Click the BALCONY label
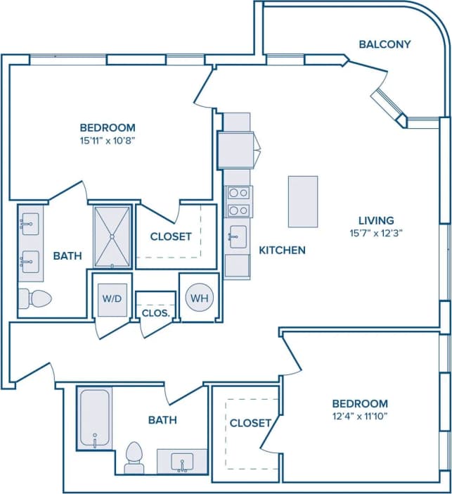click(x=385, y=44)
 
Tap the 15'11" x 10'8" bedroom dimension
click(x=107, y=141)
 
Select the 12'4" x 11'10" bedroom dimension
click(x=359, y=417)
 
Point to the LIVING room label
click(x=375, y=220)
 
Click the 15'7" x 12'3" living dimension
click(x=375, y=233)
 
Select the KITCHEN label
click(x=282, y=250)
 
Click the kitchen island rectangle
click(x=302, y=201)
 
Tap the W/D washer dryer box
click(x=112, y=298)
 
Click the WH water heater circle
click(x=200, y=298)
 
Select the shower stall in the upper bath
click(x=112, y=236)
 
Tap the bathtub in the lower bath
click(x=93, y=417)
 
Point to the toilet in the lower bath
click(x=134, y=457)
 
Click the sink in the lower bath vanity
click(x=181, y=462)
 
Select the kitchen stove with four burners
click(x=238, y=201)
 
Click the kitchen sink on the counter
click(x=238, y=237)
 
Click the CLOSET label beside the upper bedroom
click(x=171, y=236)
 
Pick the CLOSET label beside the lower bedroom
click(x=250, y=423)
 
